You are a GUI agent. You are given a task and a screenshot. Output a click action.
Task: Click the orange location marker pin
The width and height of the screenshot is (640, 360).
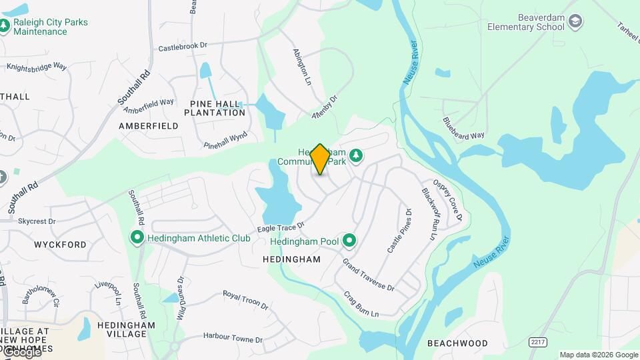point(320,159)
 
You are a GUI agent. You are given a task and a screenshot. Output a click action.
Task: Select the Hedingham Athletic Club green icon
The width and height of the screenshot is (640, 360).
point(137,237)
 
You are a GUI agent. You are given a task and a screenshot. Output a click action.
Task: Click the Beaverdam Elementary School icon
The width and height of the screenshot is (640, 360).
point(575,23)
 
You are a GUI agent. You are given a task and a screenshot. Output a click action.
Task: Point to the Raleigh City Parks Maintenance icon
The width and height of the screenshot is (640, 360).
point(5,27)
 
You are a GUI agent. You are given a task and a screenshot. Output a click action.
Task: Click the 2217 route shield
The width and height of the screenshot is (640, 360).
point(537,341)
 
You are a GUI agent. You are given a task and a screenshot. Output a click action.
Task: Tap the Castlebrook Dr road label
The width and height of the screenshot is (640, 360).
point(183,47)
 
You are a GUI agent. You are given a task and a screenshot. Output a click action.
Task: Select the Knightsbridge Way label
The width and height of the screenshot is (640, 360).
point(37,67)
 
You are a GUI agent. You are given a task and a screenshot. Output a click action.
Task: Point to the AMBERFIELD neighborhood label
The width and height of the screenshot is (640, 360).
point(149,125)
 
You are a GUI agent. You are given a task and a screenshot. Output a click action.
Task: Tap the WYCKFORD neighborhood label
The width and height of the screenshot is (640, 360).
point(60,245)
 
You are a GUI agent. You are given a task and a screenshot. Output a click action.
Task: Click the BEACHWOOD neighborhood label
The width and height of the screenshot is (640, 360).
point(457,343)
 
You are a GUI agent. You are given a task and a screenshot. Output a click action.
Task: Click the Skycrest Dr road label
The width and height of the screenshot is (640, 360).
point(37,221)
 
